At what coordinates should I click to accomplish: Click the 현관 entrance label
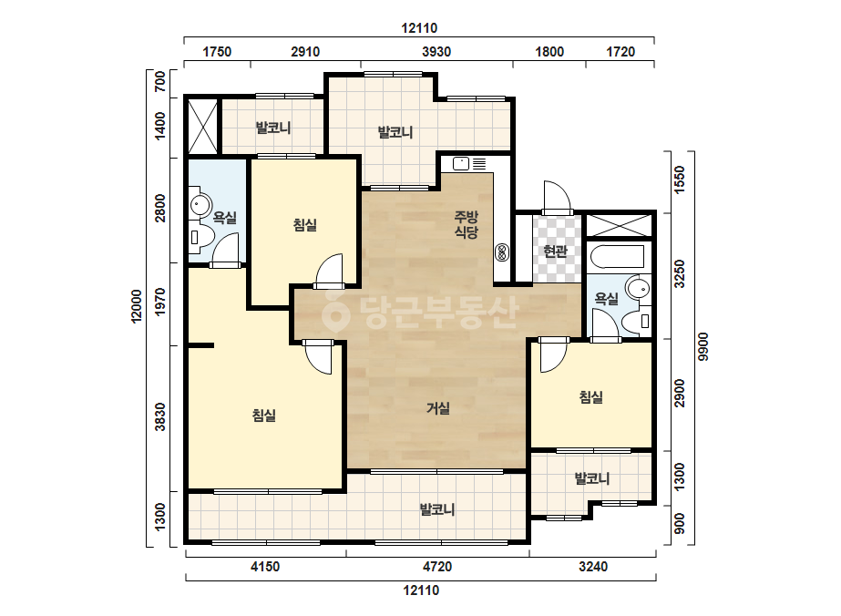click(x=555, y=252)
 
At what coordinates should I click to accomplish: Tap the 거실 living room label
click(x=438, y=408)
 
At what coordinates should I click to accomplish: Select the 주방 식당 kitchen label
click(x=467, y=225)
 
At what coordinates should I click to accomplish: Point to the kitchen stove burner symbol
click(x=503, y=252)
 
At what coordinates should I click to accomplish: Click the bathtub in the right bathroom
click(x=617, y=256)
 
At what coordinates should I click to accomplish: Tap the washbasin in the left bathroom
click(x=200, y=204)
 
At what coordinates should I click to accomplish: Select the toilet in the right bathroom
click(x=637, y=322)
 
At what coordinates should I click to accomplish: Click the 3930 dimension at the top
click(x=436, y=52)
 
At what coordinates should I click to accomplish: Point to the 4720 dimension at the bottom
click(x=437, y=567)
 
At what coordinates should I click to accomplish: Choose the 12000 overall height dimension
click(x=137, y=306)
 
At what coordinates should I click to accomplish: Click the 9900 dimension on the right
click(x=703, y=346)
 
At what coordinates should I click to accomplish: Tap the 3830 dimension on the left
click(x=160, y=417)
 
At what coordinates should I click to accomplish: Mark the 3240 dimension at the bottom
click(x=593, y=567)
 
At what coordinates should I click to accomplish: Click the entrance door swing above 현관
click(x=557, y=197)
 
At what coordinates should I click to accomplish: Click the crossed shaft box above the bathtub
click(x=619, y=225)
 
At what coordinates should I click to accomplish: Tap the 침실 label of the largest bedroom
click(x=264, y=416)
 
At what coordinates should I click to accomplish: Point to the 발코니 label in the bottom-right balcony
click(x=592, y=478)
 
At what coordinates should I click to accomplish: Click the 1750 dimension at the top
click(x=217, y=52)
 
